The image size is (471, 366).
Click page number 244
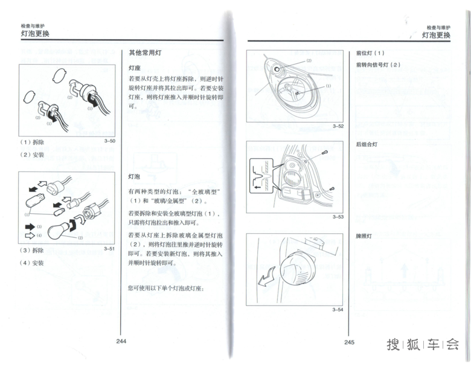tap(121, 342)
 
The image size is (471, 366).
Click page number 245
tap(349, 342)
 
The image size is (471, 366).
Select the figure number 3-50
tap(109, 141)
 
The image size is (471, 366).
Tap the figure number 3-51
tap(109, 248)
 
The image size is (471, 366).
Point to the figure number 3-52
tap(338, 126)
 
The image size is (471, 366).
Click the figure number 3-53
tap(338, 217)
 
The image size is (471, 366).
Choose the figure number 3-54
tap(338, 309)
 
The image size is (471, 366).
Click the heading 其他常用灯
tap(145, 53)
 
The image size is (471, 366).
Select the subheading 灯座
tap(135, 68)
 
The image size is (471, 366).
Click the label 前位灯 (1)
tap(370, 53)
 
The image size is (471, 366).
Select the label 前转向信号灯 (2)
tap(378, 65)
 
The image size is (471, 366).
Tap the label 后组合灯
tap(367, 145)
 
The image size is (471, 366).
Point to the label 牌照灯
tap(364, 236)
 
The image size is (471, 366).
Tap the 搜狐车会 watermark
tap(423, 345)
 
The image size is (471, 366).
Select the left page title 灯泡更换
tap(34, 34)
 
